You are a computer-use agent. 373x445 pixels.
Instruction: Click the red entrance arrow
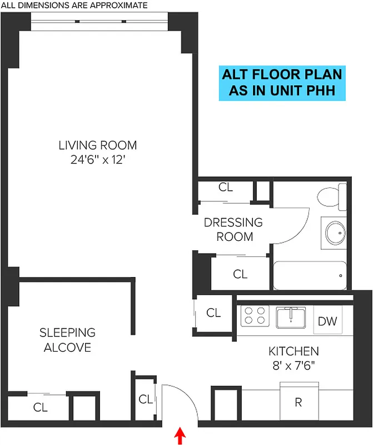[x=180, y=436]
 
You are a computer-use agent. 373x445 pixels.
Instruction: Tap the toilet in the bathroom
[x=329, y=198]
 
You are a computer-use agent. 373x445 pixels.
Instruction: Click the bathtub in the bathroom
[x=310, y=275]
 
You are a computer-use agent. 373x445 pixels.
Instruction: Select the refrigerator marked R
[x=299, y=402]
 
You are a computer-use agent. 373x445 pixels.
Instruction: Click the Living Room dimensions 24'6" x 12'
[x=97, y=159]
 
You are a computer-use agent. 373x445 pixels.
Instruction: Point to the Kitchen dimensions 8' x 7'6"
[x=294, y=365]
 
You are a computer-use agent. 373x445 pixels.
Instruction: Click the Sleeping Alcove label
[x=67, y=340]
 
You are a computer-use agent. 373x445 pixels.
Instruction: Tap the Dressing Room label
[x=233, y=229]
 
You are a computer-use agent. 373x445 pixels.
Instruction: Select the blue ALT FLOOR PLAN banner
[x=282, y=82]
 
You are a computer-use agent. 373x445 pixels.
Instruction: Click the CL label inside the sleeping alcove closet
[x=40, y=407]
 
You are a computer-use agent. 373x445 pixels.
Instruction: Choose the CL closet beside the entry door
[x=146, y=399]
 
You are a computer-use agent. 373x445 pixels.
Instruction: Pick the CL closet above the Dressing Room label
[x=226, y=187]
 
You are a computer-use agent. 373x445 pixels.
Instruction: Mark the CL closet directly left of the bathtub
[x=240, y=274]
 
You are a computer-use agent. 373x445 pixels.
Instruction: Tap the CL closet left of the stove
[x=213, y=313]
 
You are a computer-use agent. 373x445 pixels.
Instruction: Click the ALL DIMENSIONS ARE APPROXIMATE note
[x=74, y=6]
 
